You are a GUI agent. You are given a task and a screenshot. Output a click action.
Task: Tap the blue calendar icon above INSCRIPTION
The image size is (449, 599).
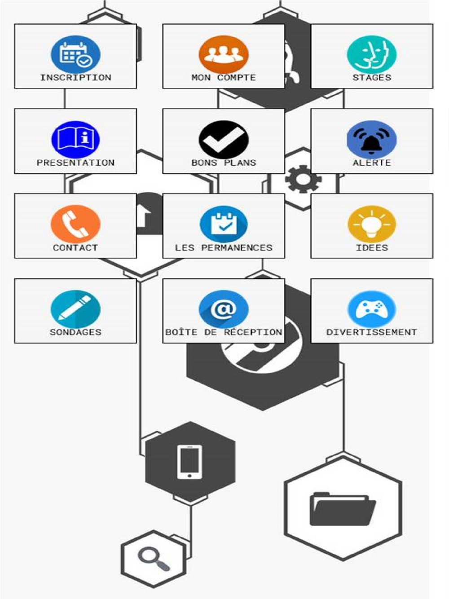tap(75, 55)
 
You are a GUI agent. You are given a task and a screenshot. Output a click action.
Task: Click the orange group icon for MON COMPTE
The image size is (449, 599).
tap(224, 55)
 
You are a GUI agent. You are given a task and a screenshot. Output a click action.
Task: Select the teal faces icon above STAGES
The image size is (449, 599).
tap(371, 55)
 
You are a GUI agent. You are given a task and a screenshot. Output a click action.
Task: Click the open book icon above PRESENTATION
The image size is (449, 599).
tap(75, 140)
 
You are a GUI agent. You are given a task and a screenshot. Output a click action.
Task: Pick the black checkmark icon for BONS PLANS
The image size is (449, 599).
tap(224, 140)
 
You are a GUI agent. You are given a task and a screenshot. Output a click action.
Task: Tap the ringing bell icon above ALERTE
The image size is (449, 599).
tap(371, 140)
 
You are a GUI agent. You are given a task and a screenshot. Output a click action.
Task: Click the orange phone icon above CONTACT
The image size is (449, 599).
tap(75, 224)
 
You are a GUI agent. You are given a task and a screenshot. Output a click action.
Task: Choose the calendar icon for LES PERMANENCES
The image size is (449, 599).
tap(224, 224)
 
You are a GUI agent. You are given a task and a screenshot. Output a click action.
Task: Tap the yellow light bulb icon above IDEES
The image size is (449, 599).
tap(371, 224)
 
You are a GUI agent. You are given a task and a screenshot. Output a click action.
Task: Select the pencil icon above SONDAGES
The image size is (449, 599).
tap(75, 309)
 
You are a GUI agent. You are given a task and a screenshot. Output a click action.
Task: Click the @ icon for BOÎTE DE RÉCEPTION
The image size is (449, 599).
tap(224, 309)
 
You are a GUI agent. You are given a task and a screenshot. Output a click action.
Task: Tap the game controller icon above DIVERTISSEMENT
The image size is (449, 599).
tap(371, 309)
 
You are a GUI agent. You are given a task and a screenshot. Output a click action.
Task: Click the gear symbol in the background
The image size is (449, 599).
tap(303, 179)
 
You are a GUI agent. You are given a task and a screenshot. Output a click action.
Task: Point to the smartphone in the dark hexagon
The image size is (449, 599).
tap(189, 462)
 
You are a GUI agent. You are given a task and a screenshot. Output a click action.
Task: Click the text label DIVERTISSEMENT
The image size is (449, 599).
tap(371, 332)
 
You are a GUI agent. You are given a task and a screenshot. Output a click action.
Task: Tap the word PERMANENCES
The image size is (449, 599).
tap(237, 247)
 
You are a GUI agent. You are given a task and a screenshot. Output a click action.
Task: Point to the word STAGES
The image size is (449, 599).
tap(371, 78)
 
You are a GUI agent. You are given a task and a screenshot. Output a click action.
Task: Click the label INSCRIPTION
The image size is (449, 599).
tap(75, 78)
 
